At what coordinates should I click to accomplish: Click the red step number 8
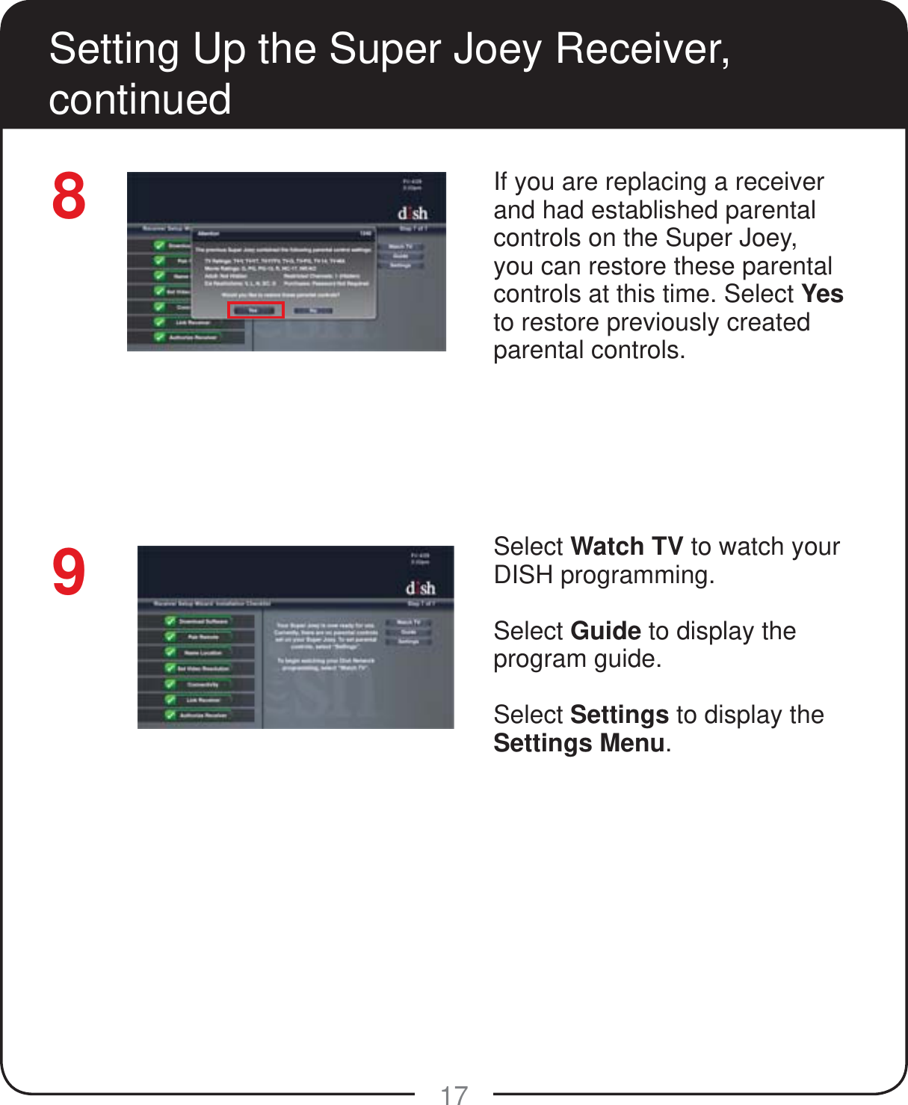point(69,197)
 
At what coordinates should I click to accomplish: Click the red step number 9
point(69,573)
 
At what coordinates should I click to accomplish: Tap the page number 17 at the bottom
point(454,1095)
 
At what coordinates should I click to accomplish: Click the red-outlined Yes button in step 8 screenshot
point(256,310)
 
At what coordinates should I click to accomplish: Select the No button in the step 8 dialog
point(314,310)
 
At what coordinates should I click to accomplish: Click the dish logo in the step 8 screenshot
point(413,213)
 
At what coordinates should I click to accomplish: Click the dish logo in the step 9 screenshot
point(420,588)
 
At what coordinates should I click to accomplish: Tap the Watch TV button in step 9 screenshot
point(409,622)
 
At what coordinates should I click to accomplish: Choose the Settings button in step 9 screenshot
point(409,641)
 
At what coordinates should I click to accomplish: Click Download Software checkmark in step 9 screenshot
point(171,621)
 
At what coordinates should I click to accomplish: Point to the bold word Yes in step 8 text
point(822,294)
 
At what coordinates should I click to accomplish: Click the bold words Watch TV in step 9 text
point(626,547)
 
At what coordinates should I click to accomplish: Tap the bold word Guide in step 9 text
point(605,631)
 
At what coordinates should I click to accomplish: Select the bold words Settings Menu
point(579,743)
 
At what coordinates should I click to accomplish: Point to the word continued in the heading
point(140,99)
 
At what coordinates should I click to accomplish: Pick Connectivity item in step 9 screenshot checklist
point(203,684)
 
